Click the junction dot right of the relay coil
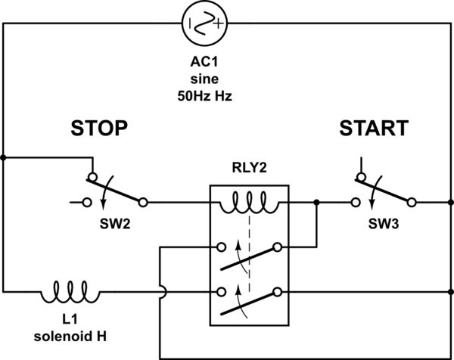(316, 203)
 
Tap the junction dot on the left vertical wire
(4, 158)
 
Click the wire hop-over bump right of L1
(160, 291)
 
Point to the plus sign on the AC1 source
(219, 23)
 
